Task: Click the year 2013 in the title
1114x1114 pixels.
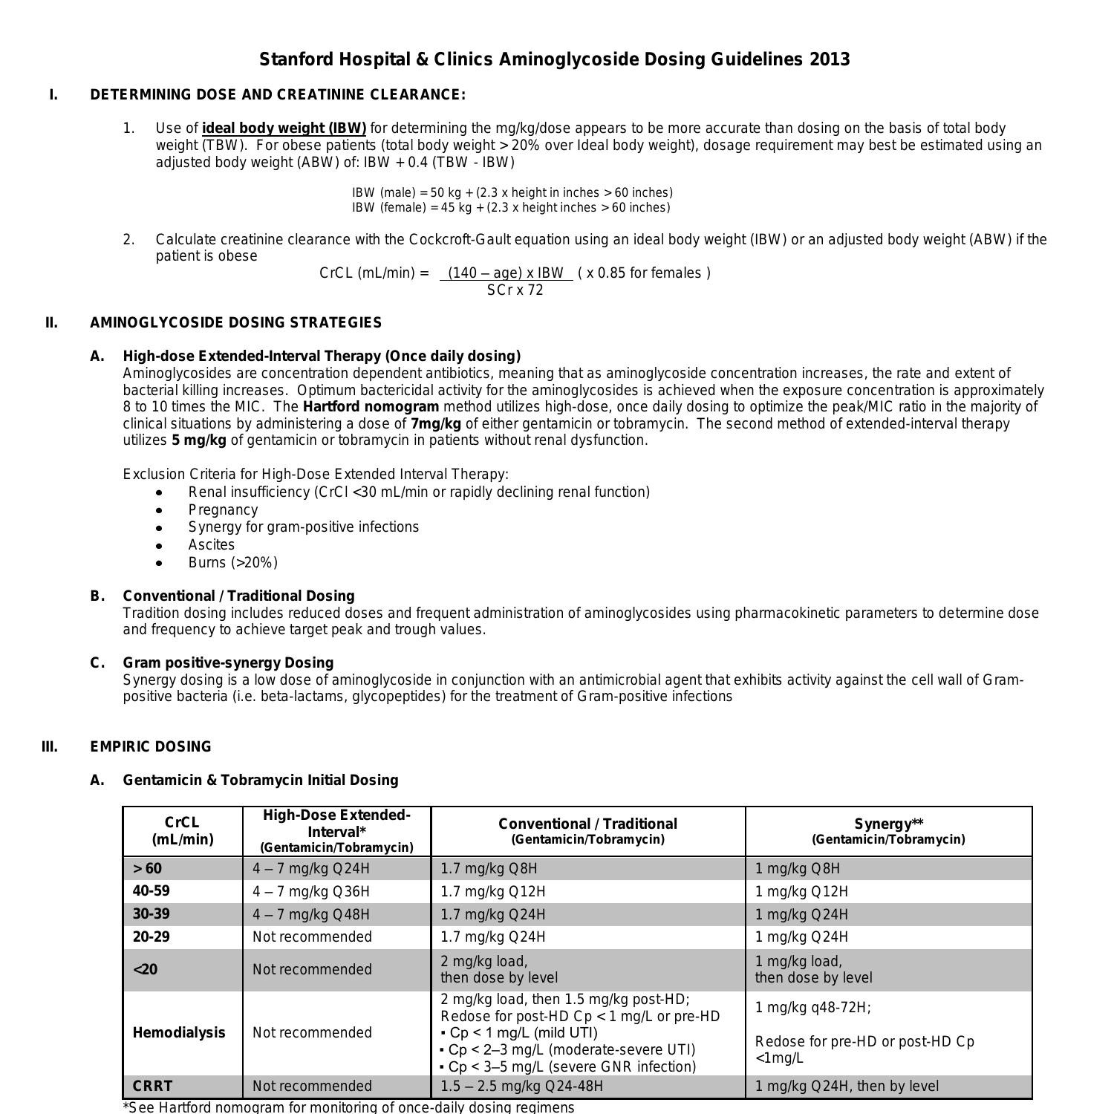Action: tap(829, 59)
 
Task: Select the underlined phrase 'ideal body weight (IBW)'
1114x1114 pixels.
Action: tap(284, 128)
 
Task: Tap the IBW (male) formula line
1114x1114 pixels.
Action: tap(512, 192)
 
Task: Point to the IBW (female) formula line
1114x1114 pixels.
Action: tap(510, 208)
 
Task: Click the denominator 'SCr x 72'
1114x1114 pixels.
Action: tap(515, 290)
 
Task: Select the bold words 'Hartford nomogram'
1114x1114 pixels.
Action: tap(371, 406)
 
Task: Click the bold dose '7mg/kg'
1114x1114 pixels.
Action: tap(435, 423)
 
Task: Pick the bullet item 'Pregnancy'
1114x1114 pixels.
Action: tap(223, 509)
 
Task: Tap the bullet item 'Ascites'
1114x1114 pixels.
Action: tap(211, 544)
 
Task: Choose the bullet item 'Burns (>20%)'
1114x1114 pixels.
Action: tap(232, 562)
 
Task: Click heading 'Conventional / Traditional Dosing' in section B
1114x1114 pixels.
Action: tap(238, 596)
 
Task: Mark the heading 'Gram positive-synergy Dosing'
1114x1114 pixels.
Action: tap(228, 662)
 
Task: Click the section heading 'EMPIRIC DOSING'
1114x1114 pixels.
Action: tap(151, 746)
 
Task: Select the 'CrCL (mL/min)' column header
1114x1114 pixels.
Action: tap(182, 831)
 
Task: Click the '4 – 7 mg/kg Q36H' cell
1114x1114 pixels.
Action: tap(310, 891)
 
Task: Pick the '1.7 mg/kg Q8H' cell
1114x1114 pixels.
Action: tap(489, 868)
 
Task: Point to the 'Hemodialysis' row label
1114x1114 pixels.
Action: tap(178, 1032)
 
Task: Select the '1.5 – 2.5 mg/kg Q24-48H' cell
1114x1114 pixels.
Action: tap(521, 1086)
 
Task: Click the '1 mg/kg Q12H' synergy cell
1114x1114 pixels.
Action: tap(801, 891)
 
